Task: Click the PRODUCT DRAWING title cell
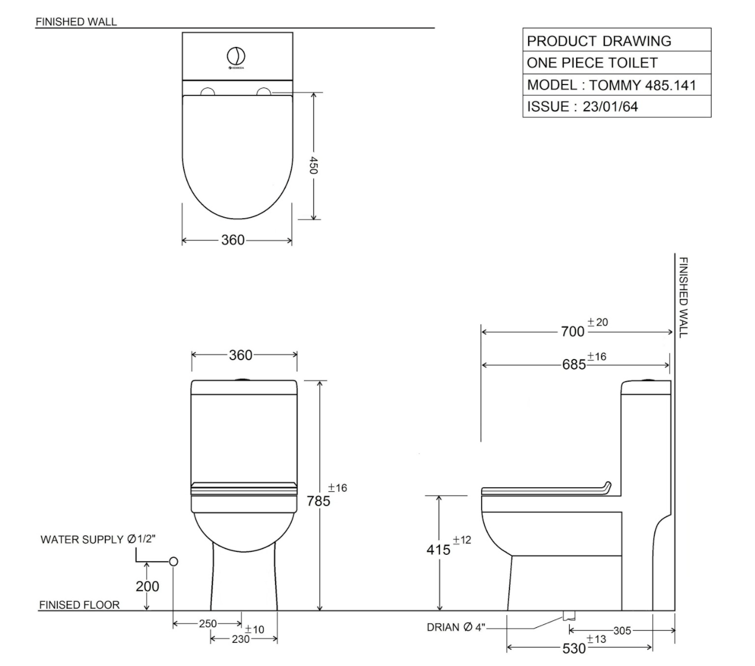599,41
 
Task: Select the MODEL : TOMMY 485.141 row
611,85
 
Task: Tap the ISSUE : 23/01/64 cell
582,107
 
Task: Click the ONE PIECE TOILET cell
592,63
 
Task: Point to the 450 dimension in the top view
313,164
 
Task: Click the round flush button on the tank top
236,56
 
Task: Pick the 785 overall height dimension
318,500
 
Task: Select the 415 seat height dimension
438,549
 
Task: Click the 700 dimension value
573,331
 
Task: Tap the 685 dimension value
574,365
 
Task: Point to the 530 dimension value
574,648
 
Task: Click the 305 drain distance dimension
622,631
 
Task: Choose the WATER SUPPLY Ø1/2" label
98,539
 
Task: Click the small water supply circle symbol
173,561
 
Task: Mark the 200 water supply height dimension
147,586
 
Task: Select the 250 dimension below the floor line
207,624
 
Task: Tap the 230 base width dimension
240,639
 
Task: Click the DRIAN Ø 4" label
456,627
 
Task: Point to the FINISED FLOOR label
79,605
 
